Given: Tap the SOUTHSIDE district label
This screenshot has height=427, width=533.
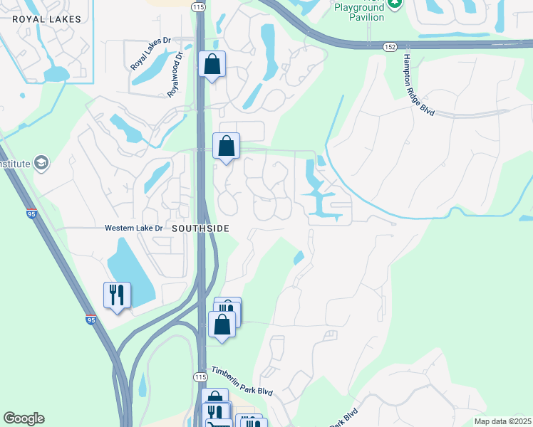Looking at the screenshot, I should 201,228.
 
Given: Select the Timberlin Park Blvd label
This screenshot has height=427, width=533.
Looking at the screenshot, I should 241,382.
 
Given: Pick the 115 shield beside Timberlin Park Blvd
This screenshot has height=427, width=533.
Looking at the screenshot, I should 200,376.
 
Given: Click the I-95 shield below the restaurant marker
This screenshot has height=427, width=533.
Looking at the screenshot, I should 90,320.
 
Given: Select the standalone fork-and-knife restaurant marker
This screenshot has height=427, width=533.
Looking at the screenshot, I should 117,295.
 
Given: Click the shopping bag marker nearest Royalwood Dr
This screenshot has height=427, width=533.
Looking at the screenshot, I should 212,65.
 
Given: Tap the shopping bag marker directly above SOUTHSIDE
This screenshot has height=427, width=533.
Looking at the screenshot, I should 226,147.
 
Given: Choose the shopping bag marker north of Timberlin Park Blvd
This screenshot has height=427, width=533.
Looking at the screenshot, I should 222,325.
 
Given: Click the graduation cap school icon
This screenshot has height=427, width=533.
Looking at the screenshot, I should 41,163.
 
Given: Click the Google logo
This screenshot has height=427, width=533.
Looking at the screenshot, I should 24,418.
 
